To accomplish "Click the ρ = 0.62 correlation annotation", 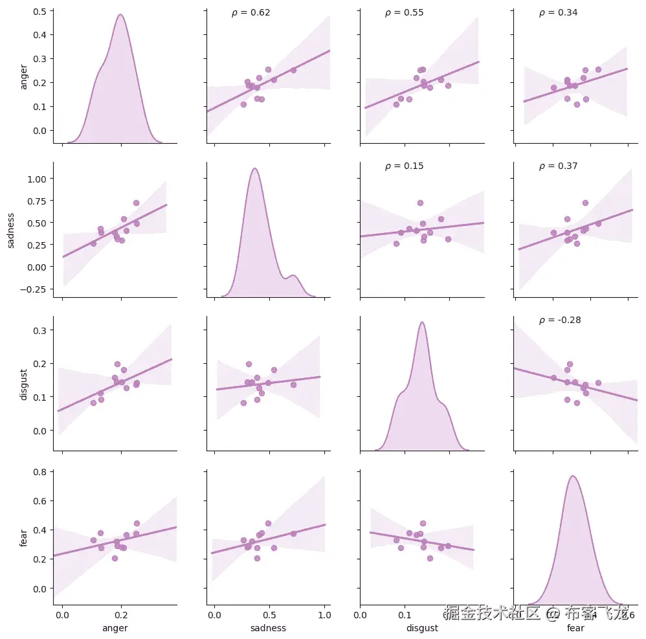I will tap(251, 13).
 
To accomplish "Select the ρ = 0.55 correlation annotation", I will tap(404, 13).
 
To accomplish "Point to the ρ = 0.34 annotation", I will tap(558, 13).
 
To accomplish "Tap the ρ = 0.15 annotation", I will tap(404, 166).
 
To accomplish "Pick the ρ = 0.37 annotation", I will tap(558, 166).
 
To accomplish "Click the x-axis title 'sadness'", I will tap(268, 628).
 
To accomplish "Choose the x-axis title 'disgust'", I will tap(422, 628).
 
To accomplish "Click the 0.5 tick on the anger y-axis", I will tap(40, 11).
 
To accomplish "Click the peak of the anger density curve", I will tap(120, 15).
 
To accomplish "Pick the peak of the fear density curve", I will tap(573, 476).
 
